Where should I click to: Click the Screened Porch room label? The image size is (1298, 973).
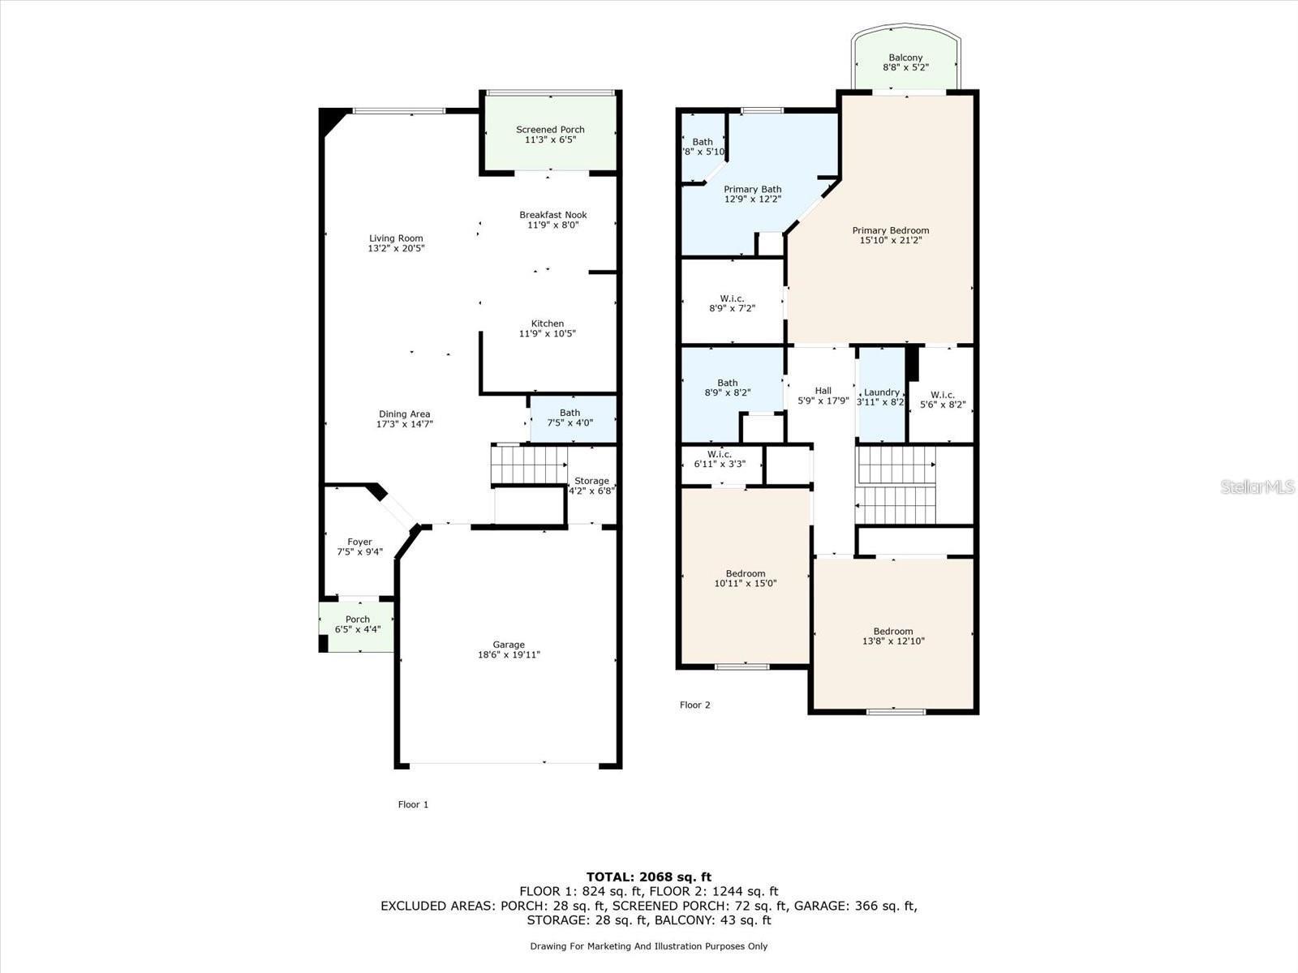[x=550, y=130]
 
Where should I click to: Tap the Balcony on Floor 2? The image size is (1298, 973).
[x=905, y=62]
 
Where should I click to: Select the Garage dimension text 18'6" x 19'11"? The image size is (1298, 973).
[x=509, y=655]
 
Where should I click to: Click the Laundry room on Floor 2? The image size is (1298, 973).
[x=881, y=396]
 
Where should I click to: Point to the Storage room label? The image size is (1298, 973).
[x=591, y=481]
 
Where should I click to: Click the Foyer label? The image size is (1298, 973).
[x=359, y=542]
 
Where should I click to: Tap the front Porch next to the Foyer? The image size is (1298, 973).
[x=357, y=624]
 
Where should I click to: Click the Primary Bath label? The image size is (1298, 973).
[x=752, y=189]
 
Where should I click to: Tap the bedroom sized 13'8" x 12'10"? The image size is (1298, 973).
[x=892, y=636]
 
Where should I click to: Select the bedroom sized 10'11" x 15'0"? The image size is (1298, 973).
[x=745, y=578]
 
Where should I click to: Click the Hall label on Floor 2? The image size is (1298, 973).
[x=823, y=391]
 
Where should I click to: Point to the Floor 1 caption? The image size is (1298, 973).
[x=413, y=804]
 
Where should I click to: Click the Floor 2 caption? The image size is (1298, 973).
[x=694, y=705]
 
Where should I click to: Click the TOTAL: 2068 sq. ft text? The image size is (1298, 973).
[x=648, y=877]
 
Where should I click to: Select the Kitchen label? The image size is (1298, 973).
[x=548, y=324]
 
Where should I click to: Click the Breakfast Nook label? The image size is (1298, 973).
[x=552, y=215]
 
